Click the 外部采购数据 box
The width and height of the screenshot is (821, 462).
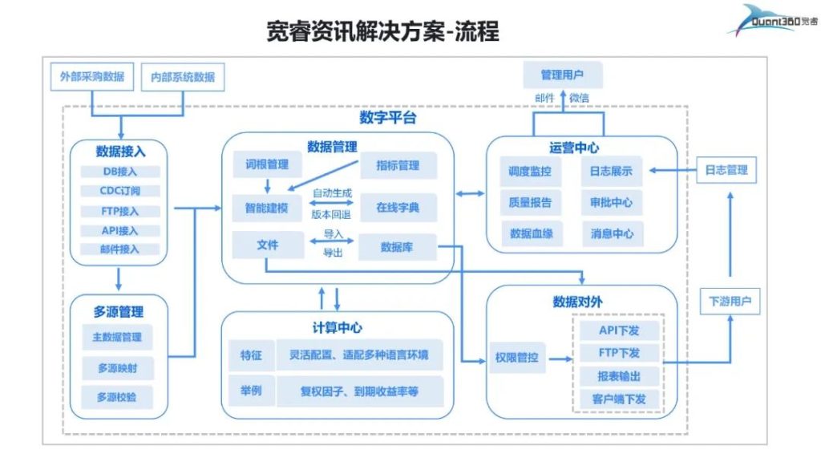pos(92,77)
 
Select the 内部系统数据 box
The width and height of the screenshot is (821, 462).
pos(183,77)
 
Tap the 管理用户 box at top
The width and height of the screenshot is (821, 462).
pos(562,75)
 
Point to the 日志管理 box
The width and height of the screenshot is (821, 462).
pos(726,170)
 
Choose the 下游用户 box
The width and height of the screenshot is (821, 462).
pos(730,302)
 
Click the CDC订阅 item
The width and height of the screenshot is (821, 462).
pos(120,191)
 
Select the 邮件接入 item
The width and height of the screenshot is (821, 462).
pos(120,249)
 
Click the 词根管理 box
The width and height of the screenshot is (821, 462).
pos(267,165)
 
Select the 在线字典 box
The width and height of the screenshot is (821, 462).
pos(398,208)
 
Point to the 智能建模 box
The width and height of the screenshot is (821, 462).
pos(267,208)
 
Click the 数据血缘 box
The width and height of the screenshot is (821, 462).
pos(531,234)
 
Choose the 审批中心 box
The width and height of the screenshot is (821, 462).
pos(612,203)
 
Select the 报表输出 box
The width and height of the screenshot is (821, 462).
pos(618,376)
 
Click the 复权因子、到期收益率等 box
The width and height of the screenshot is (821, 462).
pos(359,391)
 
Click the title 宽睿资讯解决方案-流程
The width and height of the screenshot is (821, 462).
pos(383,31)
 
